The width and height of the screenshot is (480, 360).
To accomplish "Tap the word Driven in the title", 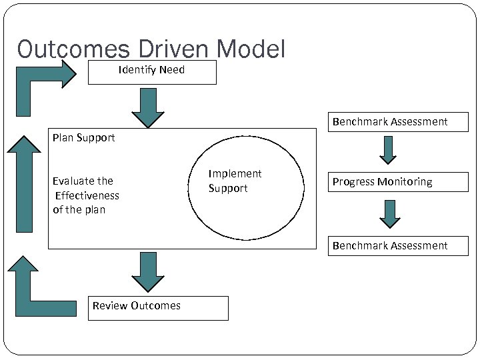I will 175,49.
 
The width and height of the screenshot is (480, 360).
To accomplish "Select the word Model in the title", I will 251,49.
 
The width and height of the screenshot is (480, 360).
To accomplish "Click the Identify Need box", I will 152,72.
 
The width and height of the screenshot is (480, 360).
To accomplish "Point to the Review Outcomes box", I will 158,307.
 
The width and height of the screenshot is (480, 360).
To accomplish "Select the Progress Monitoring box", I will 398,182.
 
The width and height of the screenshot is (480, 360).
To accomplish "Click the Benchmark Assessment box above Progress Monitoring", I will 398,122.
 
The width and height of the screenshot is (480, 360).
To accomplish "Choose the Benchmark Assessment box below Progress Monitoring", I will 398,246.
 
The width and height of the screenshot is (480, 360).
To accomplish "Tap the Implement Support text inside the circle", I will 235,181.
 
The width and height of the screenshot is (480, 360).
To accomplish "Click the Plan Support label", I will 84,138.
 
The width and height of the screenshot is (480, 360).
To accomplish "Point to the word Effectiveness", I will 87,195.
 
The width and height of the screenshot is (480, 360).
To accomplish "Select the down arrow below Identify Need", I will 147,107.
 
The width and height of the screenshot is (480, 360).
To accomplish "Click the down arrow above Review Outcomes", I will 148,271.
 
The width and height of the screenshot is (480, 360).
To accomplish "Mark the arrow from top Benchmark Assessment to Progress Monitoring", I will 388,150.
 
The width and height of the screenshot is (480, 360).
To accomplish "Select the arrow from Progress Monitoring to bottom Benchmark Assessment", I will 390,214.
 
